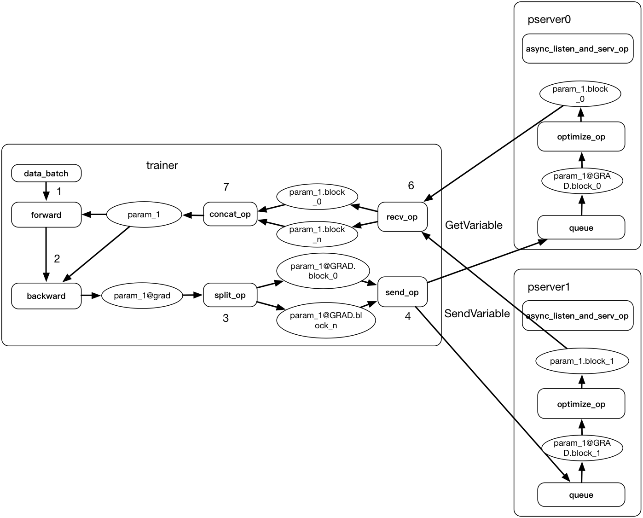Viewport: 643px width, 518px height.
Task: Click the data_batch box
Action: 46,174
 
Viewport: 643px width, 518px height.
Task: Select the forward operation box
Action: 46,215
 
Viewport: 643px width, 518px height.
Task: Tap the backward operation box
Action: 46,296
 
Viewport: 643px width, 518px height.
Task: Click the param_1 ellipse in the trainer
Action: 144,215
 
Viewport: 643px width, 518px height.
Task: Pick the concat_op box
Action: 230,214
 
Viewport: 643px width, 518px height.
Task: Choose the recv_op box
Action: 402,216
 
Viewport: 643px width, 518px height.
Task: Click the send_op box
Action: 402,292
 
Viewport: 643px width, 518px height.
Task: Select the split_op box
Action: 230,295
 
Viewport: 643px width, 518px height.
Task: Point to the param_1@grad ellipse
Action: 142,296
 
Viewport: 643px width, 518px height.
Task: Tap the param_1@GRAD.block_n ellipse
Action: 326,320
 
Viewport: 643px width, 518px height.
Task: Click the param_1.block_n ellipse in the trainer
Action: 317,234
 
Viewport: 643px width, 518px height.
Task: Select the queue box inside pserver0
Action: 581,228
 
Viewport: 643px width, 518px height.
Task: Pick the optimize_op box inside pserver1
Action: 581,404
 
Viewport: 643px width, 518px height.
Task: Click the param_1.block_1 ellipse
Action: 582,361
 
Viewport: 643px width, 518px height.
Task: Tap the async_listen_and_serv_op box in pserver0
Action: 577,48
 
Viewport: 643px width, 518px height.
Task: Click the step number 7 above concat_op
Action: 226,187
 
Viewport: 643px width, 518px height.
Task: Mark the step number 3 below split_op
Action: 226,318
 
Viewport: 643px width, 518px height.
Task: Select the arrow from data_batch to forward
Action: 46,189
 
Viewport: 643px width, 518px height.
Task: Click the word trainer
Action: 162,165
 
